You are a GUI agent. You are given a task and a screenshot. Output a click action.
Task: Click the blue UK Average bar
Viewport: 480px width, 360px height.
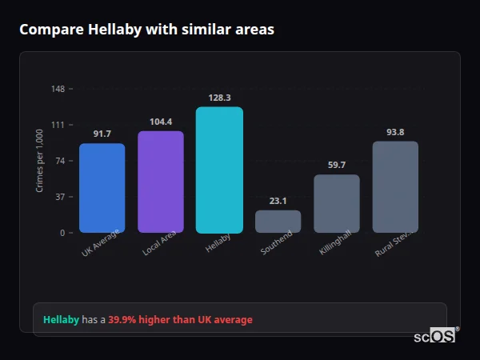pyautogui.click(x=102, y=188)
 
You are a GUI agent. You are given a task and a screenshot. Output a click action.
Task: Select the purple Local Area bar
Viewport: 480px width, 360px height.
pyautogui.click(x=160, y=182)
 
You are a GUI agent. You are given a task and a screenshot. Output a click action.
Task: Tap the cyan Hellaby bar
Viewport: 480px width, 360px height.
pyautogui.click(x=219, y=170)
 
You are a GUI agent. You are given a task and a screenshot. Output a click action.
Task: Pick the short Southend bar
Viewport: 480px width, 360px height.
pyautogui.click(x=278, y=222)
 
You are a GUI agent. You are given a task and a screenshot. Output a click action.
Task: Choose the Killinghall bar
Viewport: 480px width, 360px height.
pyautogui.click(x=336, y=204)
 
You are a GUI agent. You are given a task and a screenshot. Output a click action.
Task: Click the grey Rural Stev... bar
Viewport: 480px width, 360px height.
pyautogui.click(x=395, y=187)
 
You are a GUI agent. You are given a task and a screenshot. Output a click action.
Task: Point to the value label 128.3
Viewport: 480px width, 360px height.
pyautogui.click(x=219, y=98)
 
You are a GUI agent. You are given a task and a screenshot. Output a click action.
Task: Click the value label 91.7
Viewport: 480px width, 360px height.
pyautogui.click(x=102, y=134)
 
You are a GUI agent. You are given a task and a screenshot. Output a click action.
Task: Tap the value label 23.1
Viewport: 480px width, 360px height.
pyautogui.click(x=278, y=201)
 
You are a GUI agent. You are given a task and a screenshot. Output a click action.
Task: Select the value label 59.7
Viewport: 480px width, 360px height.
pyautogui.click(x=336, y=165)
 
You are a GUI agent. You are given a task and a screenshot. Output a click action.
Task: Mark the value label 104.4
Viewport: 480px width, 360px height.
pyautogui.click(x=160, y=122)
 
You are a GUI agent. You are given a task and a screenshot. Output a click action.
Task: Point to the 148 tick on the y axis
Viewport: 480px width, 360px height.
pyautogui.click(x=58, y=88)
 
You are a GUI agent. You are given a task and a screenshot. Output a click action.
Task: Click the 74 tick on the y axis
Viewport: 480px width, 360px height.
pyautogui.click(x=60, y=161)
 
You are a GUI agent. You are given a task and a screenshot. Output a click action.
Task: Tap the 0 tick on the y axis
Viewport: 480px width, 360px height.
pyautogui.click(x=62, y=233)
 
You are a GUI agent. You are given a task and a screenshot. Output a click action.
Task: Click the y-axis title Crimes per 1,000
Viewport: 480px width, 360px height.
pyautogui.click(x=40, y=161)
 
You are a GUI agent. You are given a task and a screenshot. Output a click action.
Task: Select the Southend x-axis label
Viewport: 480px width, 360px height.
pyautogui.click(x=277, y=243)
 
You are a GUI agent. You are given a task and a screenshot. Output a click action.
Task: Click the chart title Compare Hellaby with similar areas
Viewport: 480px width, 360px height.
pyautogui.click(x=146, y=30)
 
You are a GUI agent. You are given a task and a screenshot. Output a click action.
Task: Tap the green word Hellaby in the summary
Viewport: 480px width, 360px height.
pyautogui.click(x=61, y=320)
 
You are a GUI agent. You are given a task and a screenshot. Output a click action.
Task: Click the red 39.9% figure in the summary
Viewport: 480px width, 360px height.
pyautogui.click(x=126, y=320)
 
